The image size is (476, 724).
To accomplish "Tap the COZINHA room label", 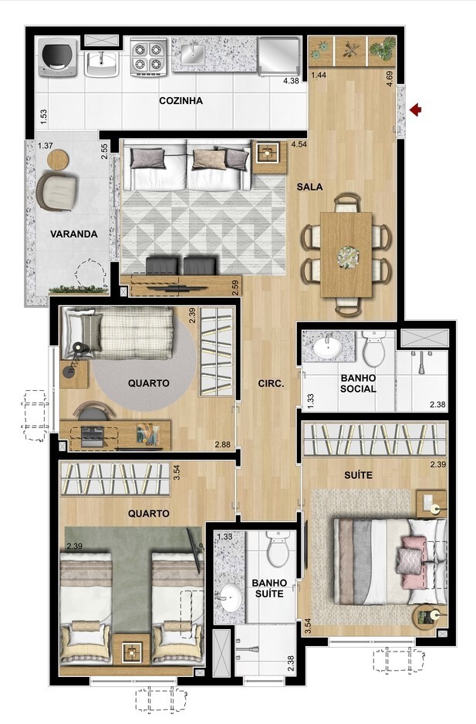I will click(181, 101).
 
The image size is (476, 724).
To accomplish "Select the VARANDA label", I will click(74, 234).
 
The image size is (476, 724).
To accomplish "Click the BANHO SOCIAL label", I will click(357, 383).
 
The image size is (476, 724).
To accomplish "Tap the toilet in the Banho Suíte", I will click(277, 551).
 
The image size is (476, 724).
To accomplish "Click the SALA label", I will click(309, 187).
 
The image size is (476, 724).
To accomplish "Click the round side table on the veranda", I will click(58, 159).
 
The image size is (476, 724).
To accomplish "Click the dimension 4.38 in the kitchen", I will click(291, 81).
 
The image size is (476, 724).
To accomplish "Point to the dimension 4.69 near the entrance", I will click(390, 78).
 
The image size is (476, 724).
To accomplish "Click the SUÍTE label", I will click(358, 476).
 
